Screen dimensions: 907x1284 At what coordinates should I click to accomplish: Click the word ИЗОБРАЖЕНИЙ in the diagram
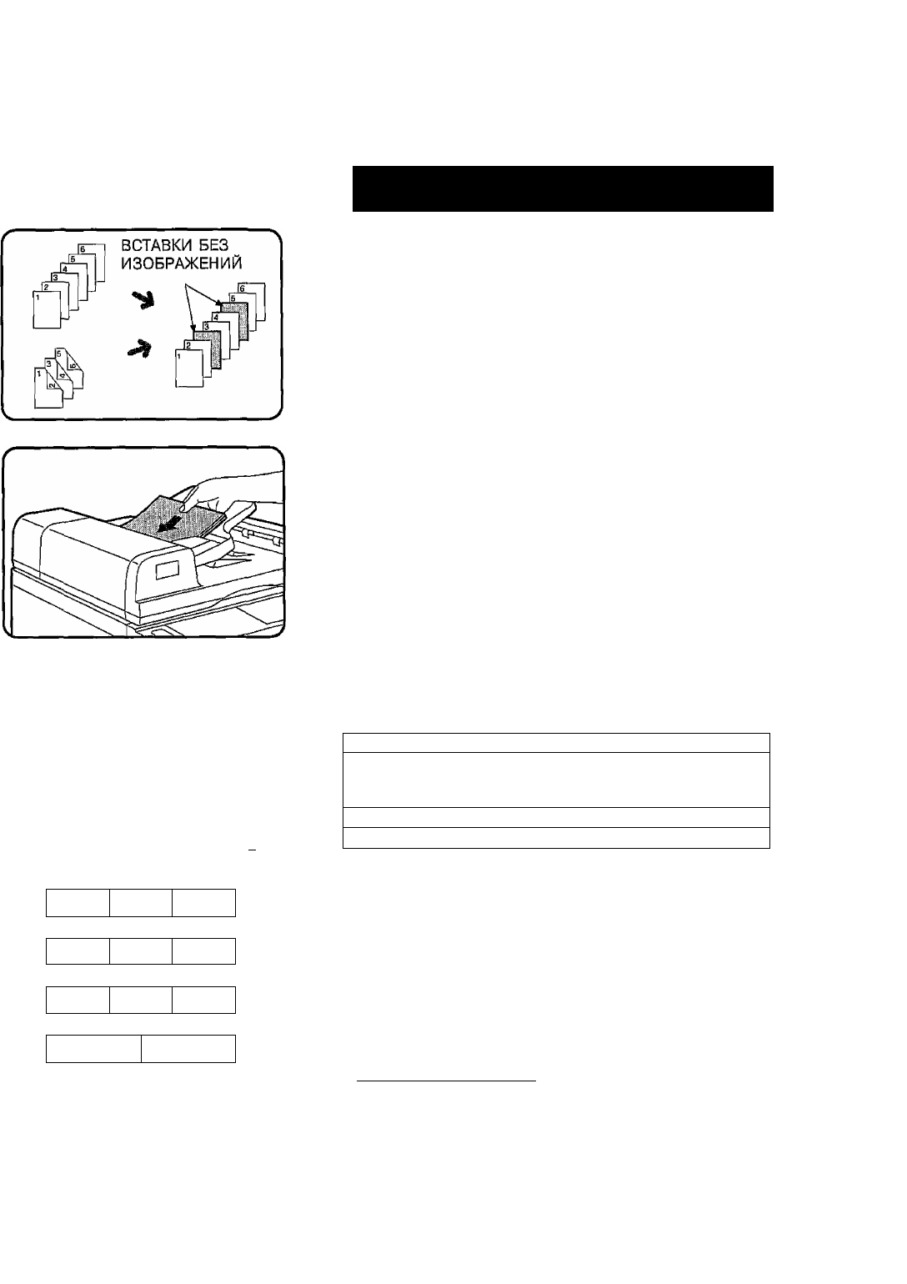pos(182,263)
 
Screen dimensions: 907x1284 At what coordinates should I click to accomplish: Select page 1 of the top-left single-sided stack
pos(47,310)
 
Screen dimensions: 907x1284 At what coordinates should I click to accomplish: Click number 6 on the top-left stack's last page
pos(83,249)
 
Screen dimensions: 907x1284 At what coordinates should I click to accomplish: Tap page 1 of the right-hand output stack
pos(188,369)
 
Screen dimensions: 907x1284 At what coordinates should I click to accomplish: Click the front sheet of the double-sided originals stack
pos(48,389)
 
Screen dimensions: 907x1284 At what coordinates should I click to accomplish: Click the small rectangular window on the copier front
pos(167,569)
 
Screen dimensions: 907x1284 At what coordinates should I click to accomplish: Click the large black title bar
pos(563,188)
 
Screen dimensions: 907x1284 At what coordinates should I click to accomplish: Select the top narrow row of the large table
pos(556,742)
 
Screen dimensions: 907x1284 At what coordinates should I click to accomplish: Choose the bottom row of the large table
pos(556,837)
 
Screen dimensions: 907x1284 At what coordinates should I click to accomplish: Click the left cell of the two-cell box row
pos(94,1048)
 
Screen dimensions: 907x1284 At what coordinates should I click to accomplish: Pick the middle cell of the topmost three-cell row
pos(141,903)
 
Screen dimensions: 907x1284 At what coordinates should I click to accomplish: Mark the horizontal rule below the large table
pos(446,1081)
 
